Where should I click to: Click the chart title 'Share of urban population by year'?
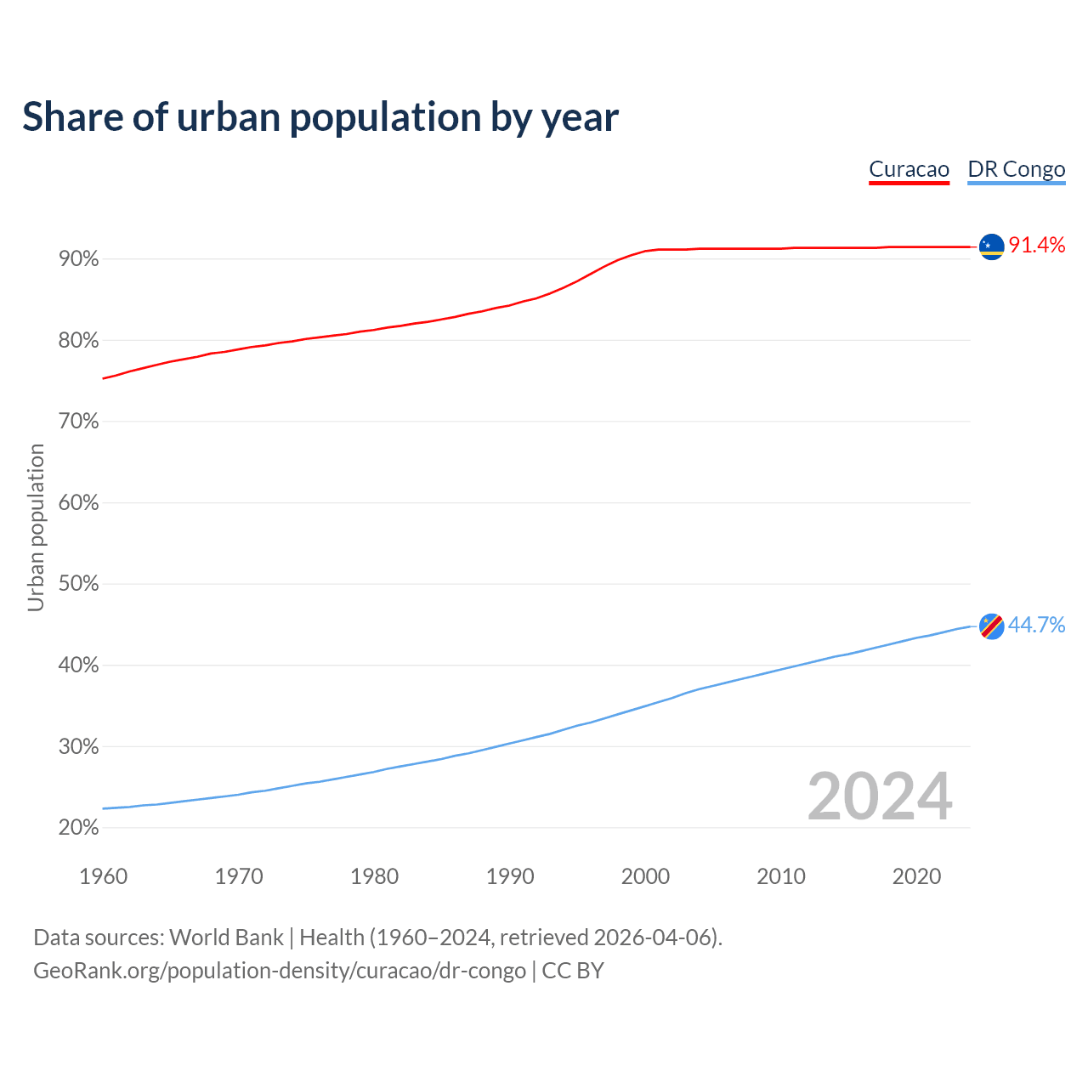point(320,117)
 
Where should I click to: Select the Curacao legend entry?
point(909,169)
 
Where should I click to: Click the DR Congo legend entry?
point(1016,169)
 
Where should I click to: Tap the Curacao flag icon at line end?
point(991,246)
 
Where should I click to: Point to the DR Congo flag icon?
point(991,626)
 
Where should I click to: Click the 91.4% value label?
point(1036,246)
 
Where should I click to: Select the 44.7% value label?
point(1036,626)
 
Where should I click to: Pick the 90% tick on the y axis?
point(78,259)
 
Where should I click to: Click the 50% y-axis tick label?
point(78,585)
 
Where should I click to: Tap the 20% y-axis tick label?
point(78,828)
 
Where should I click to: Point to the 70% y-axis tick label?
point(78,422)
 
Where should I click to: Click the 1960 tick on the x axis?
point(103,876)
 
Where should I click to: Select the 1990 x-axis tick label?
point(510,876)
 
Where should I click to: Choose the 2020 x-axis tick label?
point(916,876)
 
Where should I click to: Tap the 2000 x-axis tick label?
point(645,876)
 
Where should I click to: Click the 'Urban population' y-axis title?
point(36,527)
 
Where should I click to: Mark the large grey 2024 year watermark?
point(880,796)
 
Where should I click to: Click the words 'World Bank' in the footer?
point(226,938)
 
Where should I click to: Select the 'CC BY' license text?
point(573,971)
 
